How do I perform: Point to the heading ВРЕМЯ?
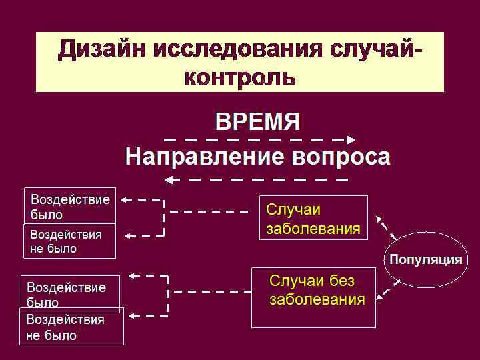[x=257, y=123]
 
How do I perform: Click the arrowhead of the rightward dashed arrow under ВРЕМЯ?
[x=351, y=140]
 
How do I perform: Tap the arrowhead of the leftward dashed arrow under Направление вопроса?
[x=169, y=179]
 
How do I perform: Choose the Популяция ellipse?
[x=426, y=260]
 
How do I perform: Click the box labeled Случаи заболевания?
[x=313, y=218]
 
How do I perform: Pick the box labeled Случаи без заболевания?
[x=313, y=297]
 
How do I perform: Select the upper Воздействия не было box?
[x=69, y=241]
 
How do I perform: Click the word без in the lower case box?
[x=340, y=280]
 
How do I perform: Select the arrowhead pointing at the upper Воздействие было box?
[x=125, y=199]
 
